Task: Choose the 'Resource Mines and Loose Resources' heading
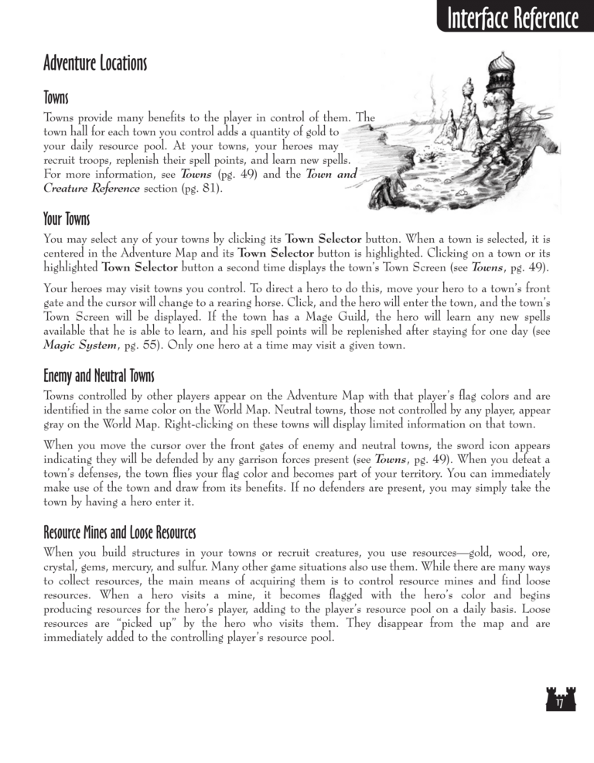[120, 534]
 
